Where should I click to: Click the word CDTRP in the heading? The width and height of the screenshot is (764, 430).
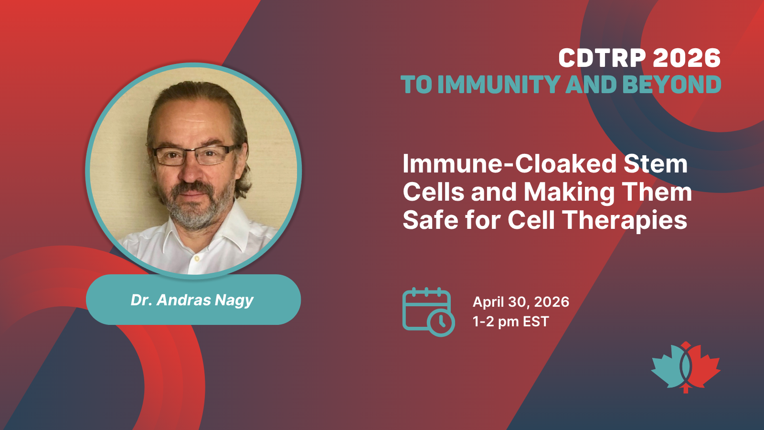(x=602, y=58)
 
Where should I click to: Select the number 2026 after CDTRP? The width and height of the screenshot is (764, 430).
(x=687, y=58)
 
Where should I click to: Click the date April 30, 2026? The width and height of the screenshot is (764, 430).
(x=521, y=302)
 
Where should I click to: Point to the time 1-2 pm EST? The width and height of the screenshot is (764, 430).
(x=510, y=322)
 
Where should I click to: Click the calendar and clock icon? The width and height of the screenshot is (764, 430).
(x=428, y=312)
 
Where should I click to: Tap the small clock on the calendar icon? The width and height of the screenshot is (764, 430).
(x=441, y=322)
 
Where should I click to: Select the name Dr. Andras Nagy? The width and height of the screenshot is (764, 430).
(x=192, y=301)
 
